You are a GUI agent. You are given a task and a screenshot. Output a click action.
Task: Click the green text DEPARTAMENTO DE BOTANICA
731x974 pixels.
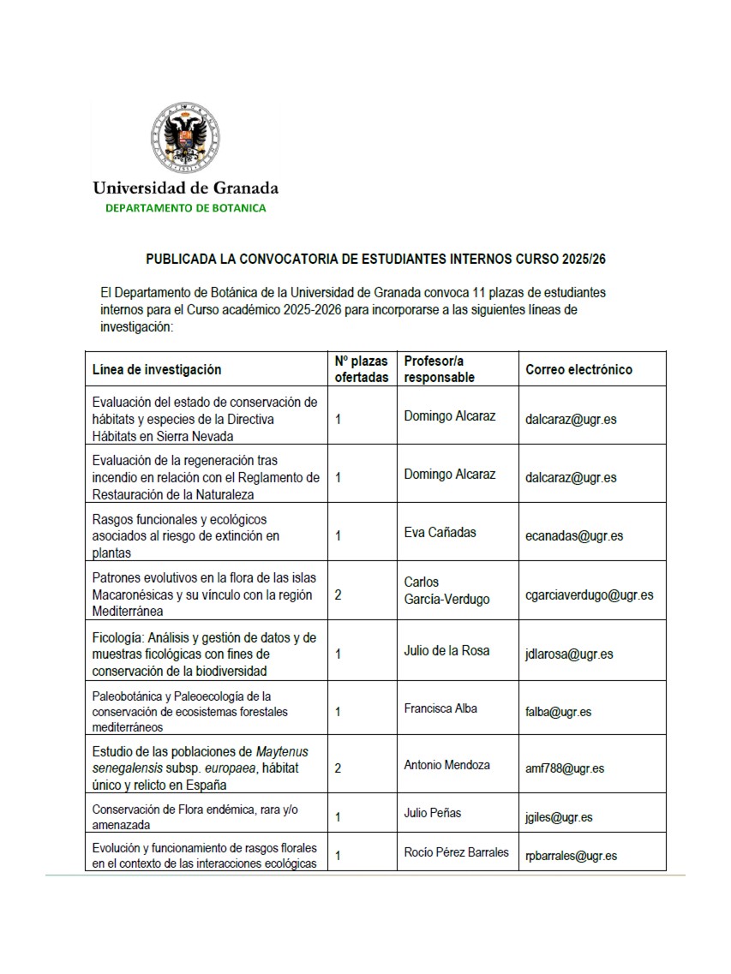coord(185,208)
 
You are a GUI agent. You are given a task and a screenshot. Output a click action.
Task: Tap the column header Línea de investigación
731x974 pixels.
coord(157,369)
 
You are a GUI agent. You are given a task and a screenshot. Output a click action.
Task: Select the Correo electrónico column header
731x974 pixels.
coord(579,369)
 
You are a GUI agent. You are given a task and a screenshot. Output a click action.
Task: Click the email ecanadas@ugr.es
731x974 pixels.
coord(574,536)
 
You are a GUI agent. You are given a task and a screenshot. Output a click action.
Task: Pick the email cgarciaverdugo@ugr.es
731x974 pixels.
coord(590,595)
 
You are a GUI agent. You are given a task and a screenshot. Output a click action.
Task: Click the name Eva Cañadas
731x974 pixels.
coord(440,532)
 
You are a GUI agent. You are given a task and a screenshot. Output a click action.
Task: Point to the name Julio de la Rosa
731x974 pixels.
coord(446,650)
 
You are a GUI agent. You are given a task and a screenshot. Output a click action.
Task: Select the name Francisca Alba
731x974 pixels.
coord(440,708)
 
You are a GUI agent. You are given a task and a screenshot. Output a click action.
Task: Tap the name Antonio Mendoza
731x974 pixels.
coord(447,765)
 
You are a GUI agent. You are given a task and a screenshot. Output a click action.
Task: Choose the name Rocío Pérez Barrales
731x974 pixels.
coord(457,852)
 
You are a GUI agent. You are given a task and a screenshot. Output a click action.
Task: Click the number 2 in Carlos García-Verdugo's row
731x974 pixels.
coord(339,595)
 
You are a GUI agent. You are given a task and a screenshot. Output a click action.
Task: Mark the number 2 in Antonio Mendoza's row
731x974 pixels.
coord(339,768)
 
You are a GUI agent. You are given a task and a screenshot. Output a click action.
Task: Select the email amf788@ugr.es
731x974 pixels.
coord(565,768)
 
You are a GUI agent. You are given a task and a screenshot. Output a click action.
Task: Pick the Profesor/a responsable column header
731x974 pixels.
coord(440,369)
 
